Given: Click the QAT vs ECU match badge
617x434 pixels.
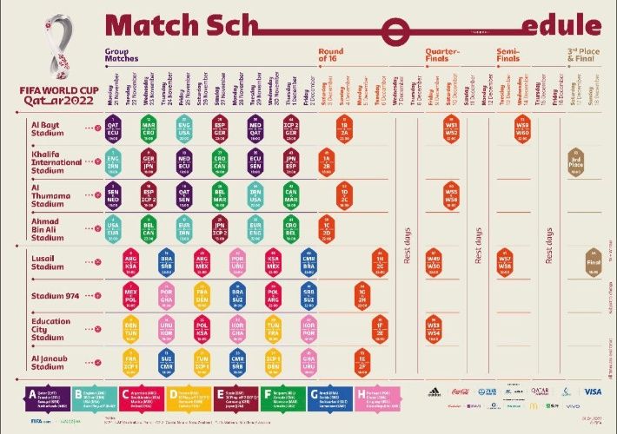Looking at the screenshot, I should tap(113, 128).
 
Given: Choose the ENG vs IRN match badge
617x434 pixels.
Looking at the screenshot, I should tap(113, 162).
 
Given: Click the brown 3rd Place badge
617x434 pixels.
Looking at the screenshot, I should tap(575, 162).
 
